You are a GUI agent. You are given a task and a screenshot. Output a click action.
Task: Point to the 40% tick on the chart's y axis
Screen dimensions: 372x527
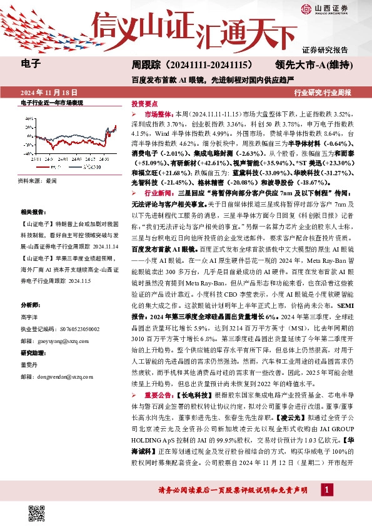coord(29,118)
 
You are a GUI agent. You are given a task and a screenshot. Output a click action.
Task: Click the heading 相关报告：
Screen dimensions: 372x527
coord(33,213)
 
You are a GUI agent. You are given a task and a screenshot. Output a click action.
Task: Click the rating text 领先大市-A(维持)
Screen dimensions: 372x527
coord(315,64)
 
